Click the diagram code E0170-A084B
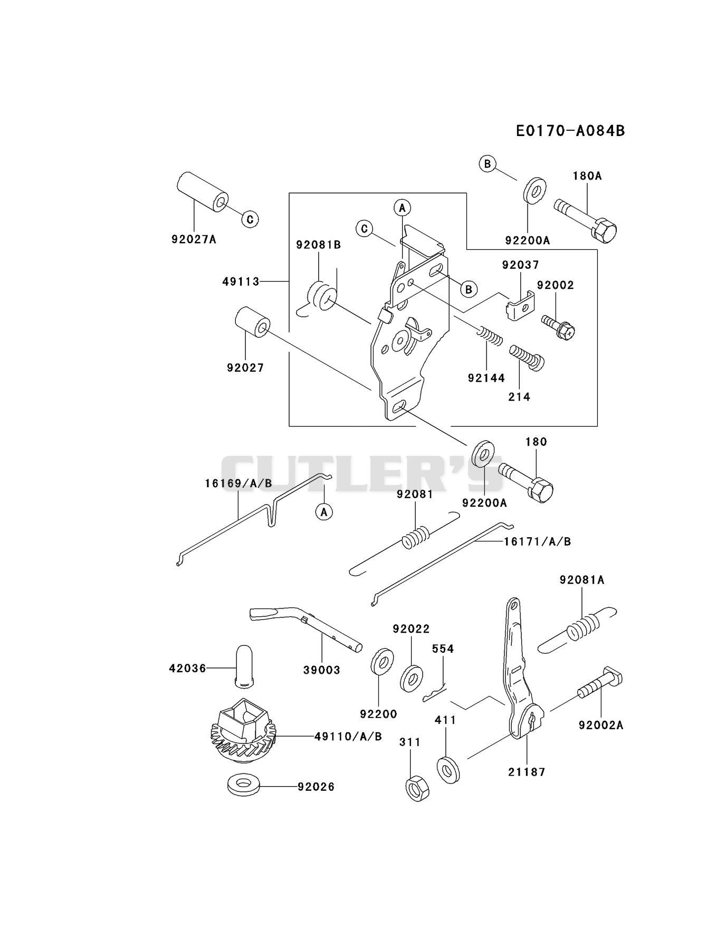pyautogui.click(x=570, y=130)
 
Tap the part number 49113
pyautogui.click(x=241, y=282)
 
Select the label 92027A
pyautogui.click(x=194, y=239)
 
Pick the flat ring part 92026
pyautogui.click(x=243, y=784)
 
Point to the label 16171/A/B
pyautogui.click(x=537, y=541)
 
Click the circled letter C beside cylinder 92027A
pyautogui.click(x=250, y=219)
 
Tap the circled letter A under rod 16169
pyautogui.click(x=324, y=511)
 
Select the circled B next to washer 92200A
pyautogui.click(x=488, y=164)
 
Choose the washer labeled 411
pyautogui.click(x=448, y=770)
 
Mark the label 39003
pyautogui.click(x=322, y=670)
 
